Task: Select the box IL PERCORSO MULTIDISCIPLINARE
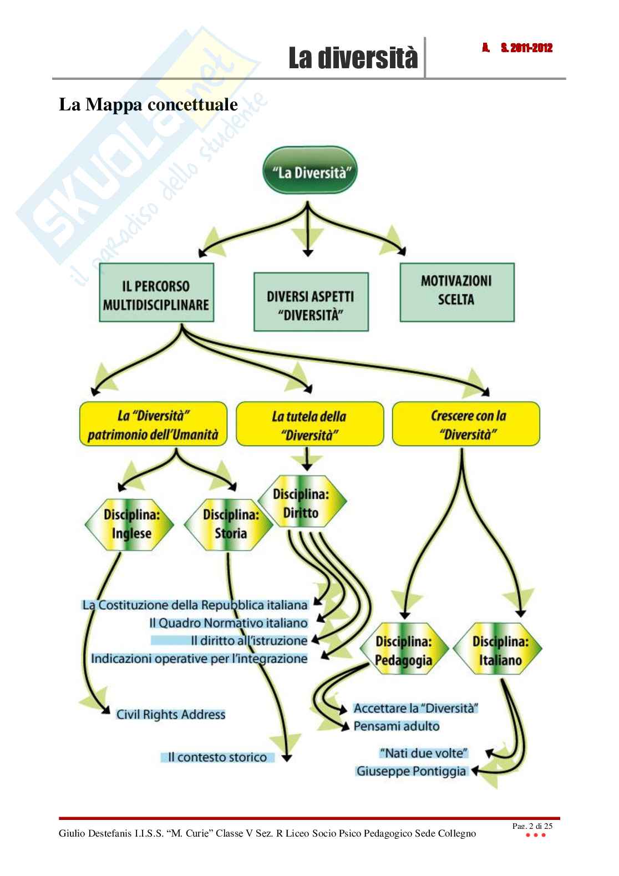[x=156, y=293]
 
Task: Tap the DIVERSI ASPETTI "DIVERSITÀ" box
[x=311, y=302]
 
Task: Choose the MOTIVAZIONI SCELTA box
[x=456, y=291]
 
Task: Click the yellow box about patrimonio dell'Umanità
[x=153, y=424]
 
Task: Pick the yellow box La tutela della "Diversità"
[x=309, y=425]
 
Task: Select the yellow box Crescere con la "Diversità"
[x=466, y=424]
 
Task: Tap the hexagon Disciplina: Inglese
[x=131, y=524]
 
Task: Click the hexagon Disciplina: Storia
[x=230, y=524]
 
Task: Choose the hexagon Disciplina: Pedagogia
[x=403, y=651]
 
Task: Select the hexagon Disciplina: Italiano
[x=500, y=651]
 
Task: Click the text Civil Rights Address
[x=170, y=714]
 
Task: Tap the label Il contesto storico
[x=217, y=757]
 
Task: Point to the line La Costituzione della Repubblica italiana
[x=195, y=604]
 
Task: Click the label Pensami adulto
[x=396, y=726]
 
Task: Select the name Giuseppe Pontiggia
[x=411, y=771]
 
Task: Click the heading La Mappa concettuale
[x=148, y=104]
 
